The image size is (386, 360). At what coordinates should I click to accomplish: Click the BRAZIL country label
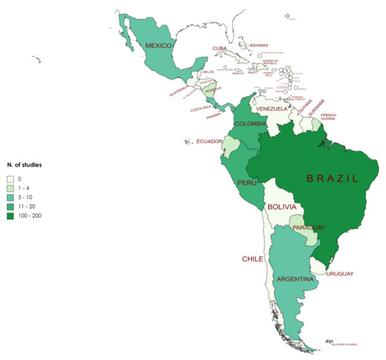coord(333,178)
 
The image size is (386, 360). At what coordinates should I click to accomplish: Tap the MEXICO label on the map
coord(159,46)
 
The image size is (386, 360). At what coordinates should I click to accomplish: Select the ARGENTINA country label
coord(295,279)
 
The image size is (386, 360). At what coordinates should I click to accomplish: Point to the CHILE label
coord(253,259)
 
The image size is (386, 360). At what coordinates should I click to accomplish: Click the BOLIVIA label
coord(284,207)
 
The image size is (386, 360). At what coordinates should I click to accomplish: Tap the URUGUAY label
coord(340,273)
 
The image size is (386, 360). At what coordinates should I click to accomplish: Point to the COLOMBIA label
coord(250,124)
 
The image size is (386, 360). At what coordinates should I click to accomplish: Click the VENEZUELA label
coord(272,109)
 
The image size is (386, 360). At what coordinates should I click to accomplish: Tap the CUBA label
coord(220,48)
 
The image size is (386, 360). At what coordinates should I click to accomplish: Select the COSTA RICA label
coord(201,109)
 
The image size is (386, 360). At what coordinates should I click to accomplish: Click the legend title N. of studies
coord(25,164)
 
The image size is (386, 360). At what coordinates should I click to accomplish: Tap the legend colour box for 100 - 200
coord(10,215)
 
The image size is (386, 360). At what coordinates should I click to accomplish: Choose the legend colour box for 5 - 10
coord(10,197)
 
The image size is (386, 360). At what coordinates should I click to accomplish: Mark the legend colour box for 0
coord(10,179)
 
